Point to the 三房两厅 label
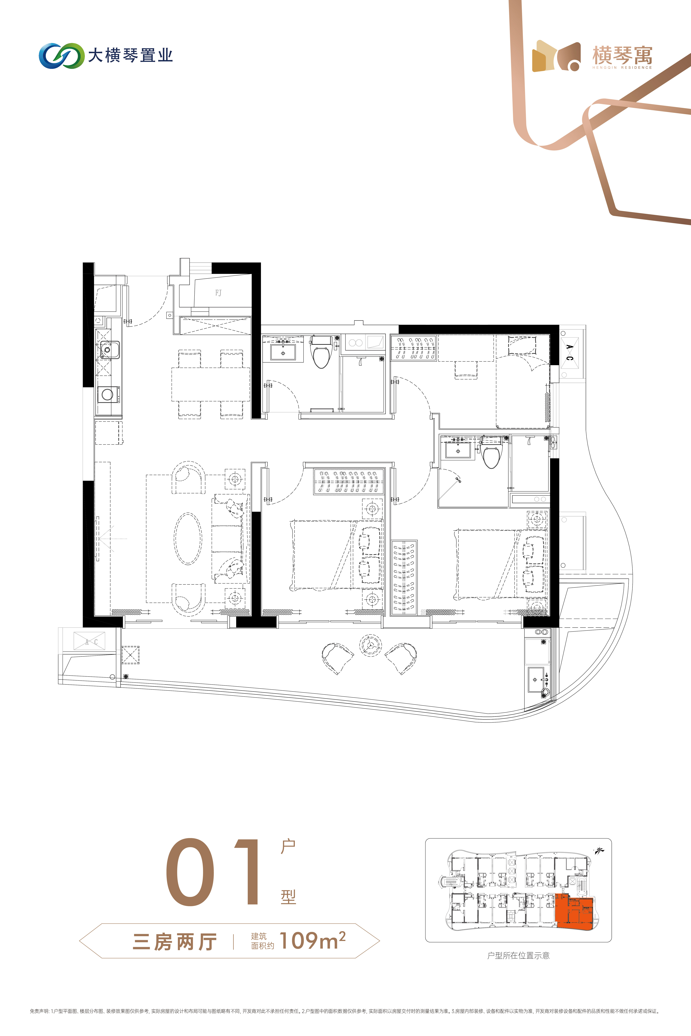coord(175,942)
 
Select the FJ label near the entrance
coord(219,293)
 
